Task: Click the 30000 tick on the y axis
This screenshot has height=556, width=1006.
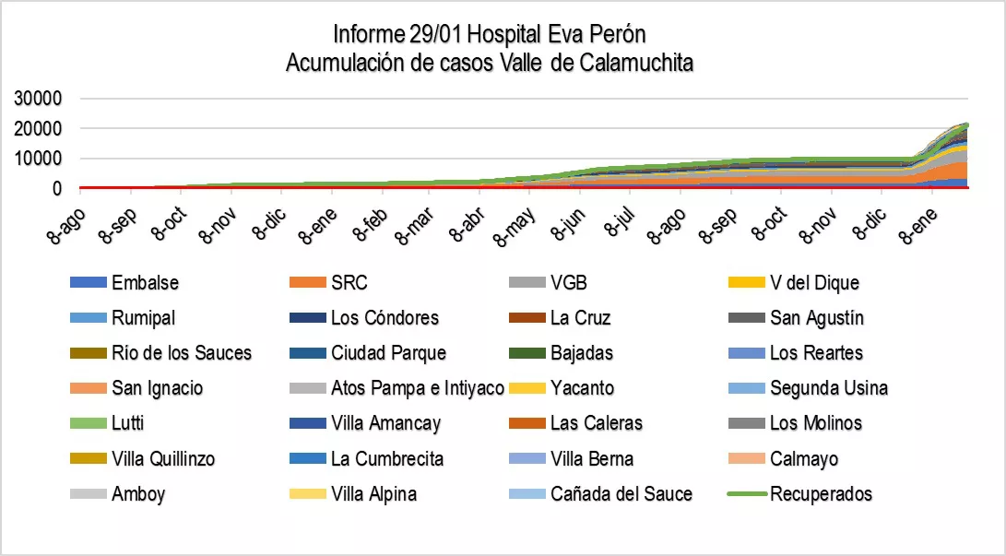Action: coord(38,99)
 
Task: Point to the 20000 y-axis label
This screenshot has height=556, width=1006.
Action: coord(38,129)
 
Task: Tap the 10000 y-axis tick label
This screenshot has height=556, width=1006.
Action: coord(38,160)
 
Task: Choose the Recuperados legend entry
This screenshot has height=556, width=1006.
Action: coord(821,494)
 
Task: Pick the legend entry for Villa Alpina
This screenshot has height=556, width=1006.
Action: coord(373,494)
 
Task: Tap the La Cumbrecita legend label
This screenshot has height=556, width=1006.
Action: coord(387,459)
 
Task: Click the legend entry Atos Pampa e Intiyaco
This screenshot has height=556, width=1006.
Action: coord(417,388)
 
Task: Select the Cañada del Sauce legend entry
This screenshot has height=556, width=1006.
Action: coord(621,494)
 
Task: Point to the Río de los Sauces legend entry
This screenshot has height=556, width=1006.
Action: coord(181,353)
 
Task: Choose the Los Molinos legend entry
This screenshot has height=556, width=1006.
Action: coord(816,424)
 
